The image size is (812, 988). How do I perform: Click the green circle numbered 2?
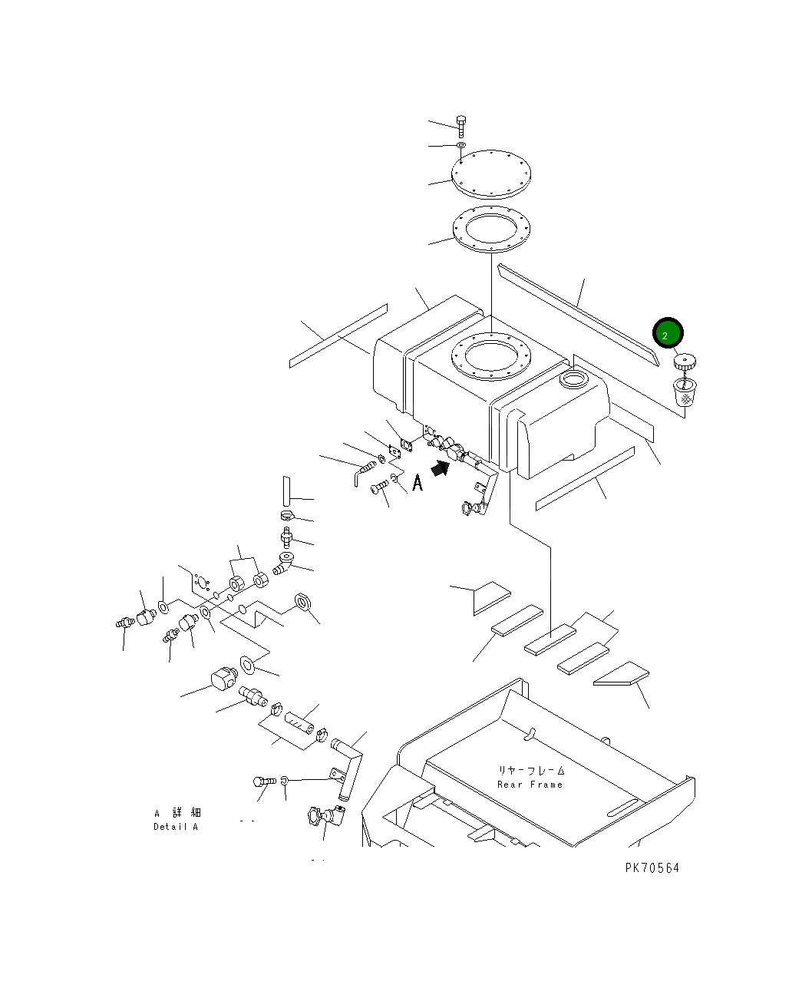(667, 333)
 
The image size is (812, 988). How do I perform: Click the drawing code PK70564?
(652, 868)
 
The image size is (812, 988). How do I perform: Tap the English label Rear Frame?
(530, 785)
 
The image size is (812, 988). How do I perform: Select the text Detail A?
(176, 827)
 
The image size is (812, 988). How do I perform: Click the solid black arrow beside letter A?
(440, 468)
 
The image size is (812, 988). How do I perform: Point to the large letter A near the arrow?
(418, 483)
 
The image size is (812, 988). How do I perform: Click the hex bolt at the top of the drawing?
(460, 126)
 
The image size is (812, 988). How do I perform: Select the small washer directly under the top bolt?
(461, 145)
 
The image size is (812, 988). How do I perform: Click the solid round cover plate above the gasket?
(490, 174)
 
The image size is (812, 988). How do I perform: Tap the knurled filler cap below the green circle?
(685, 362)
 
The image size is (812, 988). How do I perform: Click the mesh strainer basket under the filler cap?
(685, 393)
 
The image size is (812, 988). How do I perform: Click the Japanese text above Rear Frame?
(530, 771)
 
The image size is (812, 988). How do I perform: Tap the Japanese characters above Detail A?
(178, 812)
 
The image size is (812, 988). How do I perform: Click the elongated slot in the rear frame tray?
(622, 808)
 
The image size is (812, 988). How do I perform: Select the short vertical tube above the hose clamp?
(286, 491)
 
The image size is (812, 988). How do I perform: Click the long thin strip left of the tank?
(338, 336)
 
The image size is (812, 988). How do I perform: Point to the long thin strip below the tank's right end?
(585, 478)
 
